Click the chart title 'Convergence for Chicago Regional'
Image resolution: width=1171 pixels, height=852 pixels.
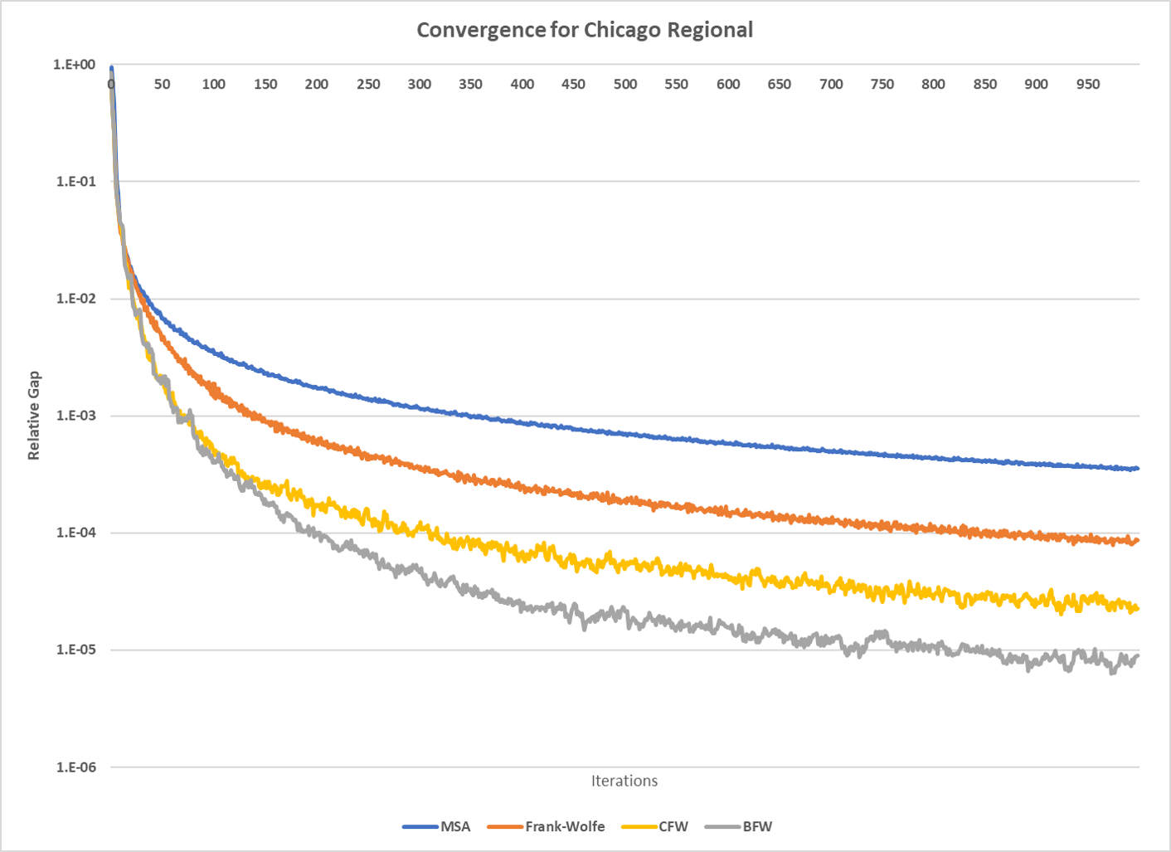585,30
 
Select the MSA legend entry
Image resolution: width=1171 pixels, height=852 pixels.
454,826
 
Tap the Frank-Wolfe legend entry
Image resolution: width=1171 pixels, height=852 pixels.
564,826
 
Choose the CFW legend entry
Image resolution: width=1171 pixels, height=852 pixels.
673,826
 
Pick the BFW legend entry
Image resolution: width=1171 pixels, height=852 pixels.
756,826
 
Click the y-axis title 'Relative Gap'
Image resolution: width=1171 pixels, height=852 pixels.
34,415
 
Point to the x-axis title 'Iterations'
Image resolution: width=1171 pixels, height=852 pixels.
624,781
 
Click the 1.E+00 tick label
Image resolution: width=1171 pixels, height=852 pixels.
74,65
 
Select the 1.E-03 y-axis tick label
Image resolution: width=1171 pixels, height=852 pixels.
75,416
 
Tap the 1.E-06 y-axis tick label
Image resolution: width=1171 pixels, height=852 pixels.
75,767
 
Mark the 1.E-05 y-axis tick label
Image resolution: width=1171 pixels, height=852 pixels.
75,650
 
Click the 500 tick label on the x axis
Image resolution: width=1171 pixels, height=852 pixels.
625,84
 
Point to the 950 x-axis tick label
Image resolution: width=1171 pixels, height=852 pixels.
1088,84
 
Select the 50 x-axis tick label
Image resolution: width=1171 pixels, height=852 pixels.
162,84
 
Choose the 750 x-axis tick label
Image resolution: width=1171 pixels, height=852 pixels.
882,84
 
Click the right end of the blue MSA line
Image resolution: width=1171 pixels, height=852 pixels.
1138,469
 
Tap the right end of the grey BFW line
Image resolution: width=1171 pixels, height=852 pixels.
1138,656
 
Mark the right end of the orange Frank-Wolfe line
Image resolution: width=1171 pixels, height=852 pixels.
1138,541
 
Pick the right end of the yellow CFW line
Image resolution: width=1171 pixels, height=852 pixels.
1138,609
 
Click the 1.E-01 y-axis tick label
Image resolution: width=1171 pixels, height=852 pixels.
75,181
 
